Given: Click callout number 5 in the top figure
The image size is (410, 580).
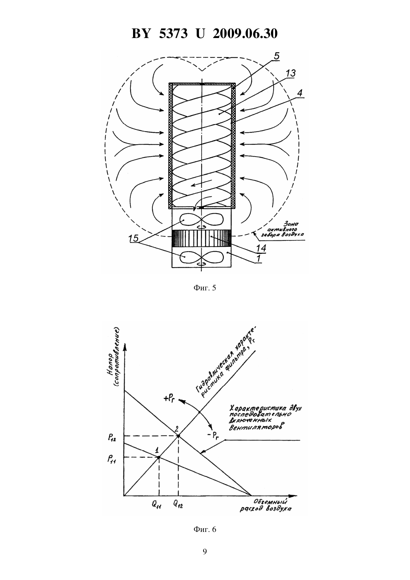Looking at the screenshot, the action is [277, 56].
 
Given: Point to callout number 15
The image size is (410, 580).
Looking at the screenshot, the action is [133, 238].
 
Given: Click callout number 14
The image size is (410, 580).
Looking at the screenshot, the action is [261, 248].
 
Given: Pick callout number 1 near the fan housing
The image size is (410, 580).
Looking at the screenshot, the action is [258, 258].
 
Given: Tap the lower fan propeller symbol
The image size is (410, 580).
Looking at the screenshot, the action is [202, 257].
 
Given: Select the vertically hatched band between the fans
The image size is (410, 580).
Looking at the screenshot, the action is [202, 238].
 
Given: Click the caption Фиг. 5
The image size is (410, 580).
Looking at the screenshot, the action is [205, 288].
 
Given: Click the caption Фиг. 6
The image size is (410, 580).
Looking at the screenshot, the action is [205, 530].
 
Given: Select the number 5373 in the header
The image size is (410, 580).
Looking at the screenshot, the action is [173, 34].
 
